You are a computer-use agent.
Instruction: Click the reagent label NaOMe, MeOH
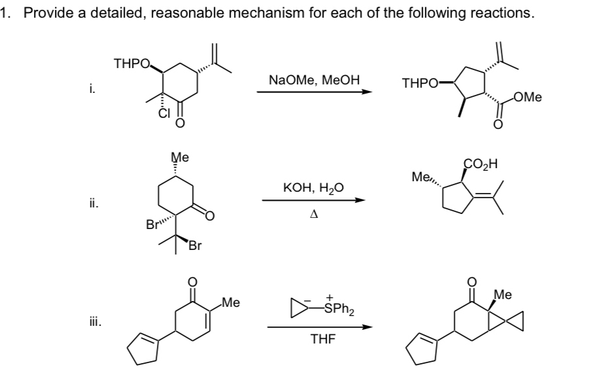click(x=314, y=80)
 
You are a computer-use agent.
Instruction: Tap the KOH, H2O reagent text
click(x=313, y=188)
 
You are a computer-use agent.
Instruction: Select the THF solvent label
click(x=322, y=339)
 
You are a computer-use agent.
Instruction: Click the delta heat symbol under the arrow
click(x=314, y=214)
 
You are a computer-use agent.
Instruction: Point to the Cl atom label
click(x=164, y=113)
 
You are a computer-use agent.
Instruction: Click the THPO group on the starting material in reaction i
click(x=133, y=63)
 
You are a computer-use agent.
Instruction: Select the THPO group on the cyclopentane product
click(x=420, y=83)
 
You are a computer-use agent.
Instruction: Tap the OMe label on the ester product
click(x=527, y=97)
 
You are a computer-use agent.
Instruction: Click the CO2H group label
click(x=480, y=164)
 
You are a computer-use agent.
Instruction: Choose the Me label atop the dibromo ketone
click(x=180, y=157)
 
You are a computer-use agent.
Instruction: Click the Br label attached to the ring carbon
click(x=152, y=224)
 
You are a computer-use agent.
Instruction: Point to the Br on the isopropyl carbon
click(x=195, y=245)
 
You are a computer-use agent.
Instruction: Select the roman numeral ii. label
click(x=94, y=203)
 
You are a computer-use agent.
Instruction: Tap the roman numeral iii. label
click(x=95, y=321)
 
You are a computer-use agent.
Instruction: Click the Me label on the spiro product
click(x=503, y=294)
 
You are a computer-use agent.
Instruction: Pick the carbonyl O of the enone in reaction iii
click(x=192, y=282)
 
